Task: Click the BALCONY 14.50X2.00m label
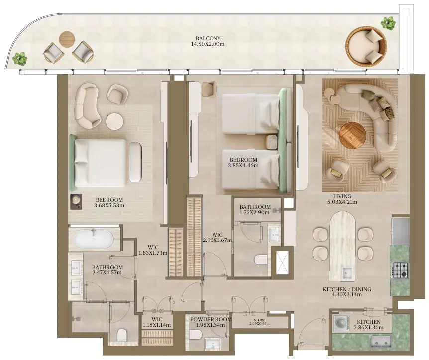(208, 41)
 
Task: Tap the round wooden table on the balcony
(67, 39)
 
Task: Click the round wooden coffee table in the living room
(352, 136)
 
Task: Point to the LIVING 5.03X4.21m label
(342, 199)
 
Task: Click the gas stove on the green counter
(400, 269)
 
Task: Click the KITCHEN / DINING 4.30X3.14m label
(347, 292)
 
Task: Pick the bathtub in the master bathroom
(94, 239)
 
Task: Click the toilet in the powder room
(196, 334)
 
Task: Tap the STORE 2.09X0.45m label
(259, 321)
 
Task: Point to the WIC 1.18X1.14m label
(156, 322)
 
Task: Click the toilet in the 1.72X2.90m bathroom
(261, 260)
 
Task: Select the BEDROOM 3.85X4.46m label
(243, 163)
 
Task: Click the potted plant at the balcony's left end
(20, 58)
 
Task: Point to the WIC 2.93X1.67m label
(217, 238)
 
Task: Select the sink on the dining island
(347, 273)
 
